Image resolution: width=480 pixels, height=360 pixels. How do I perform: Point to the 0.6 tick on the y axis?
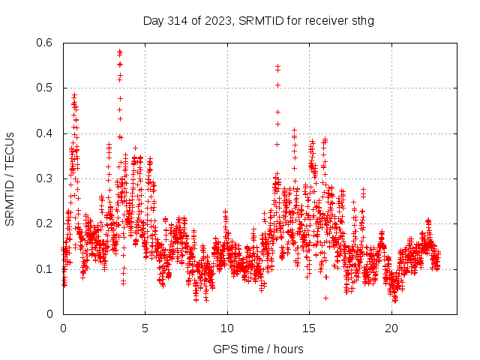pos(46,43)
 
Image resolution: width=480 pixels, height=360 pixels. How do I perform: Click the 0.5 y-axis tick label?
pos(46,88)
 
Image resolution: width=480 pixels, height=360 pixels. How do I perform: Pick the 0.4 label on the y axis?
pos(46,133)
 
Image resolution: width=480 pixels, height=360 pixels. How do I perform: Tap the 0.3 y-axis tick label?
pos(46,178)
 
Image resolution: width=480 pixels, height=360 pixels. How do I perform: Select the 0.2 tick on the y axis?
pos(46,223)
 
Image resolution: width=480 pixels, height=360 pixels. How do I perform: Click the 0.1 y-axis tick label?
pos(46,268)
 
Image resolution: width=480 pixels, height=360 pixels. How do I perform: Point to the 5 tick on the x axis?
pos(145,328)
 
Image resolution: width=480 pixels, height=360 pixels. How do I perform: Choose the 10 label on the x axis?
pos(226,328)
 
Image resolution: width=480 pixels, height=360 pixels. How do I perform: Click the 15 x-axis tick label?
pos(309,328)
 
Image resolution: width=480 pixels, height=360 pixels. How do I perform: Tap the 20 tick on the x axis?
pos(391,328)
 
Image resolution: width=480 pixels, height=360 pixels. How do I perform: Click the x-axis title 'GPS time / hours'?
pos(258,349)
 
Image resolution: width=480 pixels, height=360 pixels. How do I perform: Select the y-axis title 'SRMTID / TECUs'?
pos(10,178)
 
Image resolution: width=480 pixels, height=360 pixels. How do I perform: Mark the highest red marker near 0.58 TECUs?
pos(119,52)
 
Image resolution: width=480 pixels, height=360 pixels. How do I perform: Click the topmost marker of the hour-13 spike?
pos(277,66)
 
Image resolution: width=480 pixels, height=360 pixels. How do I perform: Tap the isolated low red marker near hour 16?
pos(325,298)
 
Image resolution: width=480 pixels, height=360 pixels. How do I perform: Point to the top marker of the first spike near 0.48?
pos(74,95)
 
